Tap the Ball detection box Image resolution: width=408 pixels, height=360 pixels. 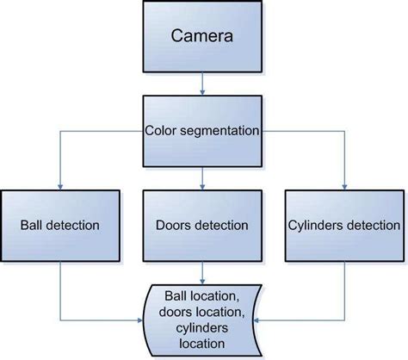click(59, 227)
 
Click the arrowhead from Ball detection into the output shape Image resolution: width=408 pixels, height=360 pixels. click(145, 319)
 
